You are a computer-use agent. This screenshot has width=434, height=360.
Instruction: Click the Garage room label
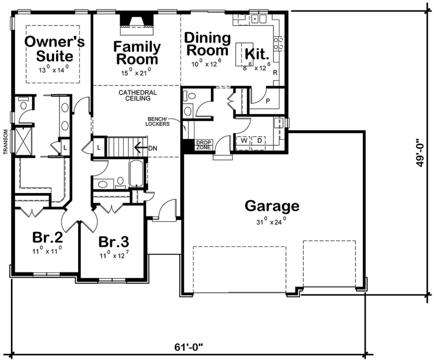click(272, 206)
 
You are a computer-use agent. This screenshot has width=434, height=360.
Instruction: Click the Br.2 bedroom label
click(48, 238)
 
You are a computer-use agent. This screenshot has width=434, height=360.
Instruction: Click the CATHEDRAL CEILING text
click(138, 95)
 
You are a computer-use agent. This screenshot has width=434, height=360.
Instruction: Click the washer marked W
click(244, 140)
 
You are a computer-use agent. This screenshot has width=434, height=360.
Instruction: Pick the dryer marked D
click(259, 140)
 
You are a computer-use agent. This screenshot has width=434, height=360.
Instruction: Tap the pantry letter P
click(268, 101)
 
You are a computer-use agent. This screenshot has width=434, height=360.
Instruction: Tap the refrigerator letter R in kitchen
click(275, 73)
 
